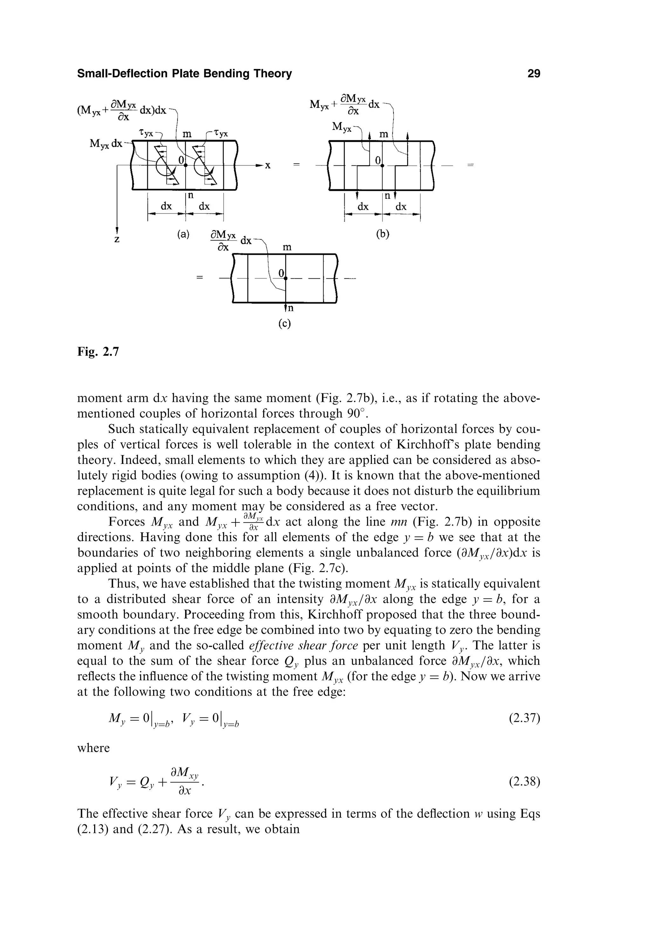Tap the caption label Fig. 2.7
click(98, 352)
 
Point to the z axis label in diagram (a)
click(117, 240)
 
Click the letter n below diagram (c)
click(290, 308)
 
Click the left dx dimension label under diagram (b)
click(363, 207)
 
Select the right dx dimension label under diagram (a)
click(204, 206)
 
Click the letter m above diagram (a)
click(187, 134)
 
